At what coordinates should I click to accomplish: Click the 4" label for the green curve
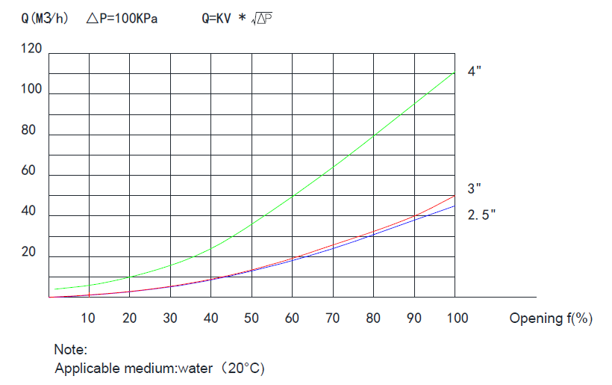475,73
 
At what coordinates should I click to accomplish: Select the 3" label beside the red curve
475,190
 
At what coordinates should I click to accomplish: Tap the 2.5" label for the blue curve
482,215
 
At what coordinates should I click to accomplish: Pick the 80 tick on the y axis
28,130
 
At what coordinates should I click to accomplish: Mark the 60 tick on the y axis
28,170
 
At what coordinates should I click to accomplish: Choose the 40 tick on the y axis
28,212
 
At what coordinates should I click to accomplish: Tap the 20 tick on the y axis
28,252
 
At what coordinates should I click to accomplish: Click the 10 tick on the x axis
88,318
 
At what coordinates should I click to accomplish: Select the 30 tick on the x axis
170,318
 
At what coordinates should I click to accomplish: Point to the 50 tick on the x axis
252,318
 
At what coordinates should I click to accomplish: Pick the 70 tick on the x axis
332,318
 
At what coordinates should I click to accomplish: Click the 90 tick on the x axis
413,318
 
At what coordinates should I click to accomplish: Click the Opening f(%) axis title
551,318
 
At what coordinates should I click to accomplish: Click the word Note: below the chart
71,349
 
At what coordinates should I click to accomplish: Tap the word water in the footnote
195,369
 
